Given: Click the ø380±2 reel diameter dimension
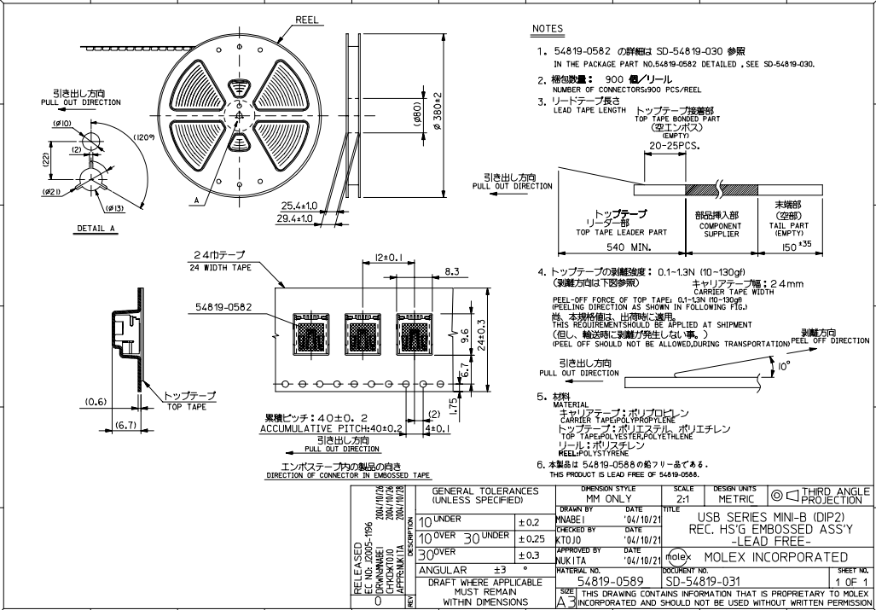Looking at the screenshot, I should (x=437, y=112).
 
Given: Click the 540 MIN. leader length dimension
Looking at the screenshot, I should (x=621, y=247).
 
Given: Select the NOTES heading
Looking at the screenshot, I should (x=548, y=29).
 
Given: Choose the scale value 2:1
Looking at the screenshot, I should (x=682, y=498).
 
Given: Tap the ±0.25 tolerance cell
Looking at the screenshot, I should (x=532, y=537).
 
